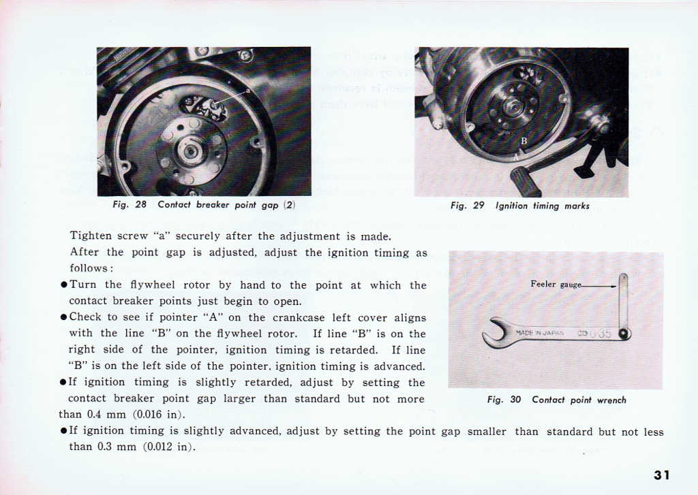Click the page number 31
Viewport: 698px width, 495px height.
[x=661, y=475]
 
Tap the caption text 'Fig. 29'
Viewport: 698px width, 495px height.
[x=467, y=206]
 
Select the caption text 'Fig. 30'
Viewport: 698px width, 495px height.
[x=504, y=400]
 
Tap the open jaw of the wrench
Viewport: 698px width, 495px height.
[x=493, y=332]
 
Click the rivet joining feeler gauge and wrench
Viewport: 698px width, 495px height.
[x=623, y=334]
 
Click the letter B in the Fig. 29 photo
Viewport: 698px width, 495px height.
[x=523, y=141]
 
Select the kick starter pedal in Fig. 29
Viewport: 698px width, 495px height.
[x=526, y=182]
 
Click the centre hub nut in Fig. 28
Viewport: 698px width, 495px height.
[x=192, y=150]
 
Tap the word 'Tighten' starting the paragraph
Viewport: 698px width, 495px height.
[x=91, y=237]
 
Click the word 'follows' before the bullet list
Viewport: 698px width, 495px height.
[x=88, y=268]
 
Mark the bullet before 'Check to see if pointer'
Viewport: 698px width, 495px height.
[x=63, y=318]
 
